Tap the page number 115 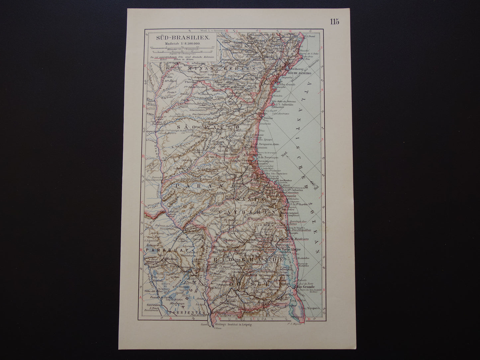point(334,22)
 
